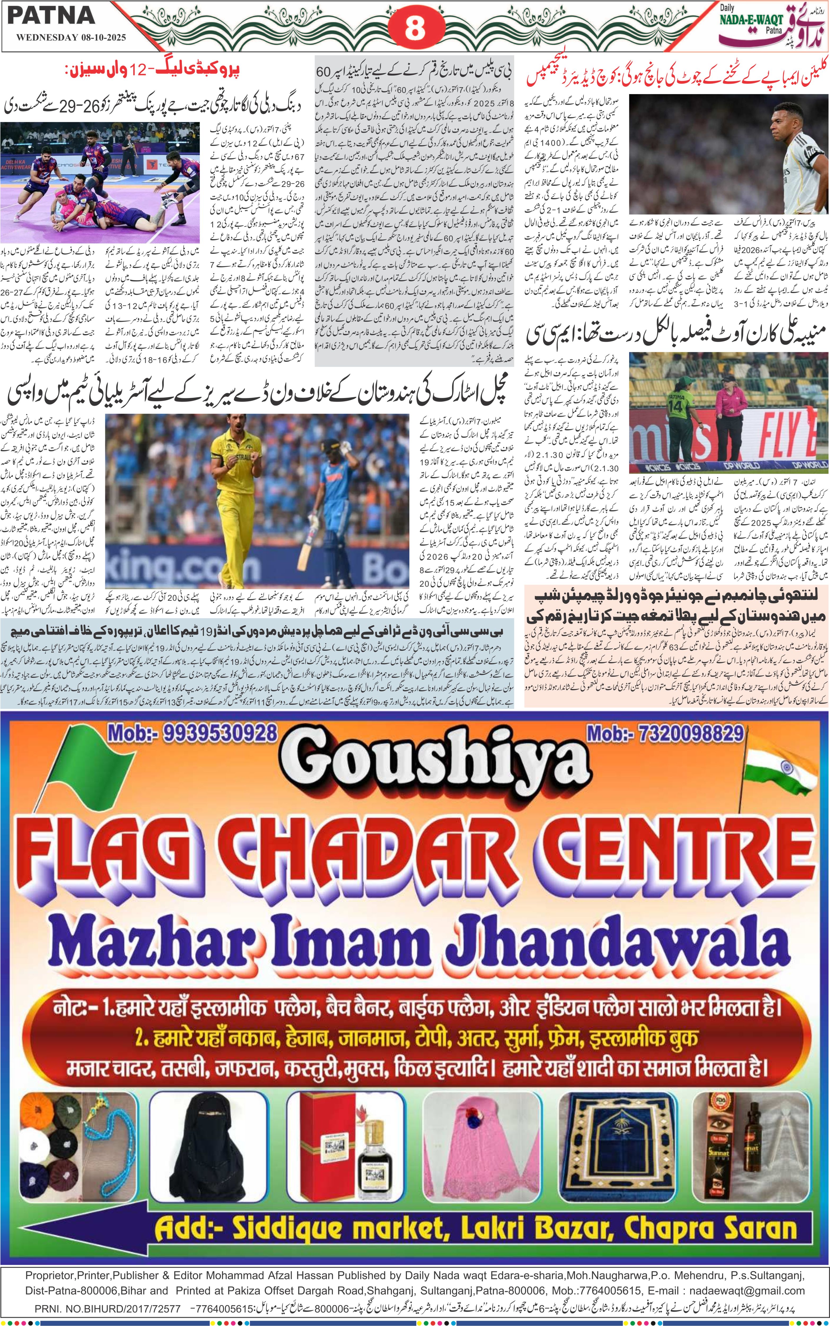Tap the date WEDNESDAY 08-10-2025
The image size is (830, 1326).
coord(71,38)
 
